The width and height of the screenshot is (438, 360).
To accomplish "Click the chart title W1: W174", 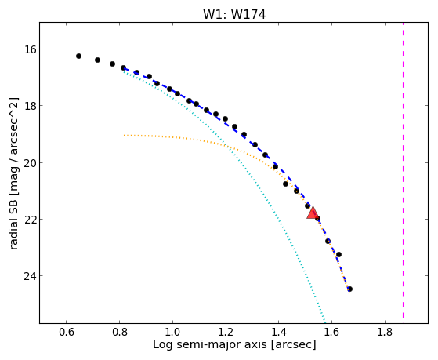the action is (x=234, y=15).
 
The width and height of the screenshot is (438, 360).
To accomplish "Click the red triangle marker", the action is (x=313, y=213).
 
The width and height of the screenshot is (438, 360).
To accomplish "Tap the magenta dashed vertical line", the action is (x=403, y=170).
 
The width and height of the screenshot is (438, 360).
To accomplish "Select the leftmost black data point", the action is (x=79, y=56).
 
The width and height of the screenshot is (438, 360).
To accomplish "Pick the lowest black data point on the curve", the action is (x=349, y=289).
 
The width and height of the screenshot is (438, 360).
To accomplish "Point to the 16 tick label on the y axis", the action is (x=31, y=49).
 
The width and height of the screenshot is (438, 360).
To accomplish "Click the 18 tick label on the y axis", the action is (x=31, y=106).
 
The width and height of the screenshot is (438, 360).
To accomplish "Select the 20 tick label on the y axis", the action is (x=31, y=163).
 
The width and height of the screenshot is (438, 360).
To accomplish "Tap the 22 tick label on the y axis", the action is (x=31, y=220).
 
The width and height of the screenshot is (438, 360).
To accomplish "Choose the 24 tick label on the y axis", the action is (x=31, y=276).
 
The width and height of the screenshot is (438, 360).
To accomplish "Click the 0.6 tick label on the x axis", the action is (x=66, y=333).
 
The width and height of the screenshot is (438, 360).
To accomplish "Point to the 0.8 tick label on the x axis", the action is (x=120, y=333).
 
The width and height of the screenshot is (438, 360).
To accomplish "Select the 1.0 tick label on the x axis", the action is (x=172, y=333).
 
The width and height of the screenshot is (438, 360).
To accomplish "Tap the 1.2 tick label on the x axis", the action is (x=226, y=333).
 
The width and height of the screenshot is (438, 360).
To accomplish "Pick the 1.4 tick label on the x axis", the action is (x=279, y=333).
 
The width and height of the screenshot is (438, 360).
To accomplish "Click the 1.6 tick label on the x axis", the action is (x=332, y=333).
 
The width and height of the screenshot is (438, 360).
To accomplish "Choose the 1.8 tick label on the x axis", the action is (x=385, y=333).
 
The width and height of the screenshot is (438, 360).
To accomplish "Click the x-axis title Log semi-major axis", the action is (x=209, y=345).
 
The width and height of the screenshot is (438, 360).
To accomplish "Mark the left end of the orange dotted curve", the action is (x=125, y=136).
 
